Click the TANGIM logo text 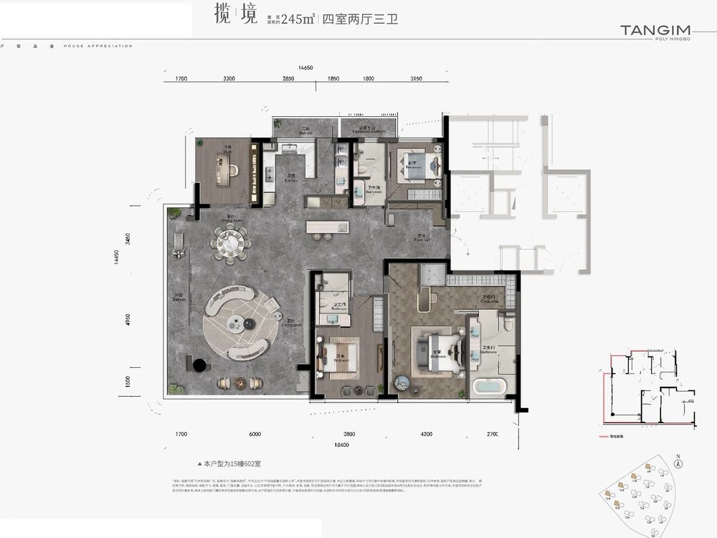(x=655, y=30)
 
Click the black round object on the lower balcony (x=199, y=366)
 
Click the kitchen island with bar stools (x=328, y=227)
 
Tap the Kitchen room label (x=272, y=179)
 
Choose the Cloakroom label (x=490, y=301)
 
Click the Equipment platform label (x=363, y=131)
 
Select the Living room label (x=291, y=323)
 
